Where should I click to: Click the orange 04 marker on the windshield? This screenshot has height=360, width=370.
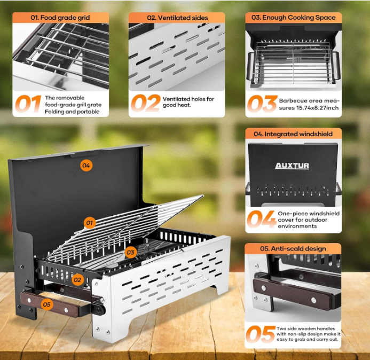pyautogui.click(x=86, y=165)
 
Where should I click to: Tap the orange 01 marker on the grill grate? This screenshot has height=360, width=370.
pyautogui.click(x=90, y=223)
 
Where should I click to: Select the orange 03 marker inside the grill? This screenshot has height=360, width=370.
pyautogui.click(x=130, y=252)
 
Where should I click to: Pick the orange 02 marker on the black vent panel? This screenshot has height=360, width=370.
pyautogui.click(x=77, y=280)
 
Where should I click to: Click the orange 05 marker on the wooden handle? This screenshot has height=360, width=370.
pyautogui.click(x=47, y=304)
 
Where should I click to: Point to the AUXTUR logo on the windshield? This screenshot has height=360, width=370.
pyautogui.click(x=292, y=166)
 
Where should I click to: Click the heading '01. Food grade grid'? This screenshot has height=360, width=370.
pyautogui.click(x=60, y=18)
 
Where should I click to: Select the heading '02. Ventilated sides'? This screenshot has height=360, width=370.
pyautogui.click(x=177, y=18)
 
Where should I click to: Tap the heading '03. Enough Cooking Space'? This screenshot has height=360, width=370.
pyautogui.click(x=293, y=18)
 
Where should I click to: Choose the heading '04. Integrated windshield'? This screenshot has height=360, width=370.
pyautogui.click(x=293, y=134)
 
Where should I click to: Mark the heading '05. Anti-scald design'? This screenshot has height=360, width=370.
pyautogui.click(x=293, y=248)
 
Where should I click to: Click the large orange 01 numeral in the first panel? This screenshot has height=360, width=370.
pyautogui.click(x=28, y=104)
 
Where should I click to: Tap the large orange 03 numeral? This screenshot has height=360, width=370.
pyautogui.click(x=262, y=104)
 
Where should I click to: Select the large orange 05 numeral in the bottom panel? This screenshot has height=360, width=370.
pyautogui.click(x=261, y=334)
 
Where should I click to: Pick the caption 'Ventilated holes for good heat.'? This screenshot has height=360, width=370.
pyautogui.click(x=188, y=102)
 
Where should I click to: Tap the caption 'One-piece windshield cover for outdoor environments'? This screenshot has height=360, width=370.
pyautogui.click(x=309, y=220)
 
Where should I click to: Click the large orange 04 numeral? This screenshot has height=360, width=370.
pyautogui.click(x=262, y=219)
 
